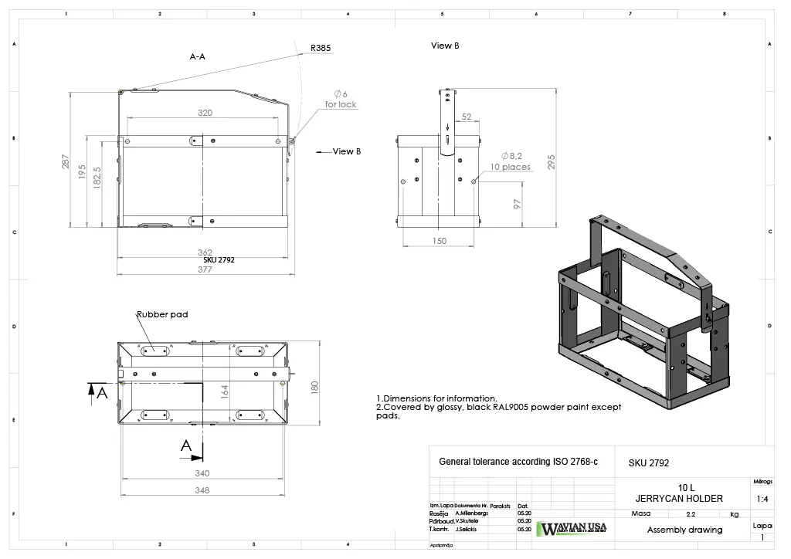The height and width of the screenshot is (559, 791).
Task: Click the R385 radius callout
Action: pyautogui.click(x=321, y=48)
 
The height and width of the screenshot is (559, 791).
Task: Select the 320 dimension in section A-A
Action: pyautogui.click(x=205, y=113)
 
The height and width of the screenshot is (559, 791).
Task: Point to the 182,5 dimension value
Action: pyautogui.click(x=97, y=180)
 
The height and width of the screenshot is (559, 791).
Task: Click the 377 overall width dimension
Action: pyautogui.click(x=205, y=269)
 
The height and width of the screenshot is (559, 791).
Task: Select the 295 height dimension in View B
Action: pyautogui.click(x=551, y=161)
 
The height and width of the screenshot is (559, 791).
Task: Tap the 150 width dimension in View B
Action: pyautogui.click(x=439, y=242)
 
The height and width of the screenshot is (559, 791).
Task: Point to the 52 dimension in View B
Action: pyautogui.click(x=467, y=117)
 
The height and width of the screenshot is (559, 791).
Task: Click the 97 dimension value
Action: pyautogui.click(x=518, y=204)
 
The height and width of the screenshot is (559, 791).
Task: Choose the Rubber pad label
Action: pyautogui.click(x=162, y=314)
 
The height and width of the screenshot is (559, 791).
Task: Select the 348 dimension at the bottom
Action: pyautogui.click(x=202, y=491)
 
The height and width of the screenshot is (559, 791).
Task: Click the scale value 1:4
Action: pyautogui.click(x=762, y=499)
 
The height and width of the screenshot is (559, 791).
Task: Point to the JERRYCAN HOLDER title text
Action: pyautogui.click(x=678, y=498)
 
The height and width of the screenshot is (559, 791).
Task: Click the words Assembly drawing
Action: pyautogui.click(x=684, y=530)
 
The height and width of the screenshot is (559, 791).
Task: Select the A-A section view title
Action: pyautogui.click(x=198, y=56)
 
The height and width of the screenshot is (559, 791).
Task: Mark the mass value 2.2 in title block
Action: pyautogui.click(x=690, y=513)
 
